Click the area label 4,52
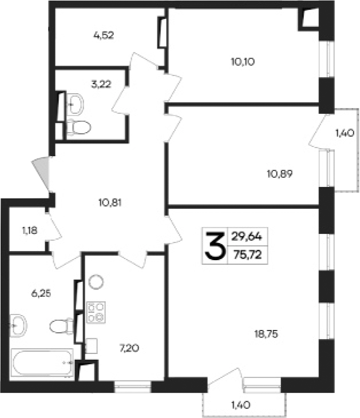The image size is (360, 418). (x=104, y=35)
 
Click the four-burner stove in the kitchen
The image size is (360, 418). (x=96, y=310)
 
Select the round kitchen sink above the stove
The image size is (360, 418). (x=96, y=281)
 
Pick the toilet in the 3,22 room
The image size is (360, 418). (x=79, y=126)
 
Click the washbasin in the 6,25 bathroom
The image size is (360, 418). (x=19, y=325)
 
